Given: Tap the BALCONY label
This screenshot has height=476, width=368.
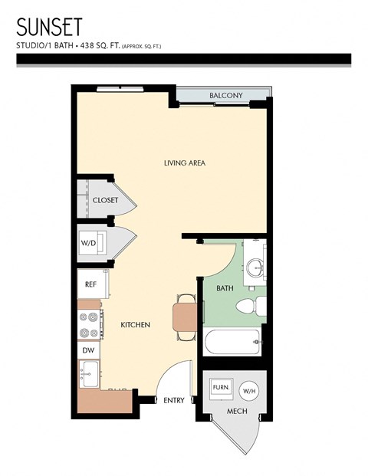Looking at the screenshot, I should tap(226, 96).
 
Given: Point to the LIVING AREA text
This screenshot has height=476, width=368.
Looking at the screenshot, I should tap(185, 162).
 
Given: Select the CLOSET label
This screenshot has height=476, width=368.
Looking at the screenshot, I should tap(105, 200).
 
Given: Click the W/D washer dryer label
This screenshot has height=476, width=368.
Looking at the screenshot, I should tap(89, 245).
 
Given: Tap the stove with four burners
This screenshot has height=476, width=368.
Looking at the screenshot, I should tap(90, 324).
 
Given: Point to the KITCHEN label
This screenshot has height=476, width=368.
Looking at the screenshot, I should tap(135, 325).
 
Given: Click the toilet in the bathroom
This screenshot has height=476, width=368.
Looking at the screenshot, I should tap(249, 307).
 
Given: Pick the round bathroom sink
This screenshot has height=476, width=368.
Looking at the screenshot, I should tap(255, 269).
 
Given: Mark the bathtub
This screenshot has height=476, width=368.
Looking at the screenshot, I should tap(233, 342).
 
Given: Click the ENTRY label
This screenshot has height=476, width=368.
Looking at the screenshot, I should tap(173, 401).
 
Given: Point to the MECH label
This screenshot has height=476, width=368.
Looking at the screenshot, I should tap(235, 412).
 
